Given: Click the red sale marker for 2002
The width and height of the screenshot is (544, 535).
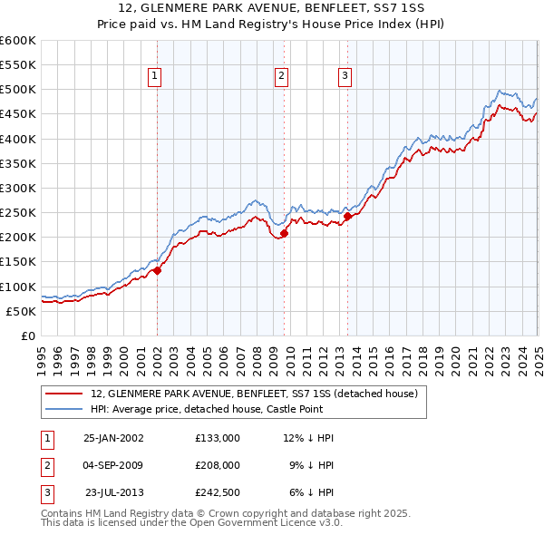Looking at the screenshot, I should [x=157, y=269].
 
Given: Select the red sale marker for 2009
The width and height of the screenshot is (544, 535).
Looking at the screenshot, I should [x=284, y=233].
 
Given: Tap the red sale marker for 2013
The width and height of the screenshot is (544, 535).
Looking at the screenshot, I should [x=347, y=216].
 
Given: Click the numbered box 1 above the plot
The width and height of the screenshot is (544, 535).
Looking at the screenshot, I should [x=156, y=77].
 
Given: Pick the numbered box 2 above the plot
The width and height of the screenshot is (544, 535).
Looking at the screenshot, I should [x=283, y=77].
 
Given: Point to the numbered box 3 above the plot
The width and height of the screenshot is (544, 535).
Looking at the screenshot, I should [x=345, y=77].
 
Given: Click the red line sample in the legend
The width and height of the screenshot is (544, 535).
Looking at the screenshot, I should [x=65, y=394].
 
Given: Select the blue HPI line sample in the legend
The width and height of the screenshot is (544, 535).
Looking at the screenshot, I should [x=65, y=409].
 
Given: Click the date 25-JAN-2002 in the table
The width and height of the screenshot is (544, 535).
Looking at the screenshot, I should [x=113, y=438].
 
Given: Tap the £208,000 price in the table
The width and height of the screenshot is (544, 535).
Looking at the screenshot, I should [x=217, y=465].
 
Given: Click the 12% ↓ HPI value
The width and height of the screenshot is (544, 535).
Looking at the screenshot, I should [x=308, y=438].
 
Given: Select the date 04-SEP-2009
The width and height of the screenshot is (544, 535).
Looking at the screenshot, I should [x=113, y=465].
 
